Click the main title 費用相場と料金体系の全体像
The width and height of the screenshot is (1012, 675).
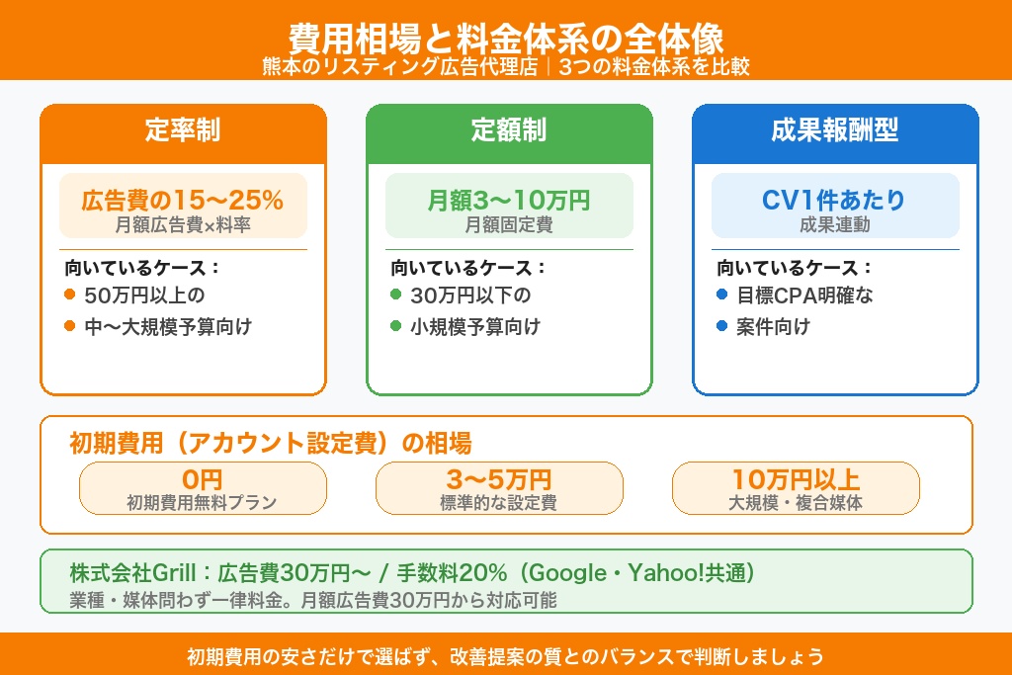point(505,38)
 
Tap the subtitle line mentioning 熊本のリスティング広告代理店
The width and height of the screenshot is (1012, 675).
point(505,67)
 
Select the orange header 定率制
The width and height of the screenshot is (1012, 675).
point(183,131)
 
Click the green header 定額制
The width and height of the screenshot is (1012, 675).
point(509,131)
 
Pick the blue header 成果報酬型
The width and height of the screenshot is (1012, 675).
point(835,131)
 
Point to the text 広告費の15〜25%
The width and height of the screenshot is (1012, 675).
point(183,201)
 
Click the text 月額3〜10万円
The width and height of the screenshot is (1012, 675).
point(509,201)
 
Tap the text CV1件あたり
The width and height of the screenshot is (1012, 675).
point(835,201)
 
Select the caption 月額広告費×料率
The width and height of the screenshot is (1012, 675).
point(183,225)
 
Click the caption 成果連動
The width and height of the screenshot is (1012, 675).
point(835,225)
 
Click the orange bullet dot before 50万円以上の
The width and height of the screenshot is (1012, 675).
point(69,295)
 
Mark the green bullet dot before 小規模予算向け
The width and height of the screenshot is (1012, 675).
point(395,326)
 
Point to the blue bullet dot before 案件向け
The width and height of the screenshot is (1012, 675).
point(721,326)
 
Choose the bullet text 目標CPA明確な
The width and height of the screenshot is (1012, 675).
point(804,295)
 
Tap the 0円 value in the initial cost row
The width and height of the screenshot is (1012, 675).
point(203,479)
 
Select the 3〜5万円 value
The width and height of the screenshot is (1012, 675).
point(499,479)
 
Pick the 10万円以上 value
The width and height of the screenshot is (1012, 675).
point(796,479)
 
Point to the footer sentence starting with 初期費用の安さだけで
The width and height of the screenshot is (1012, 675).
point(505,656)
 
